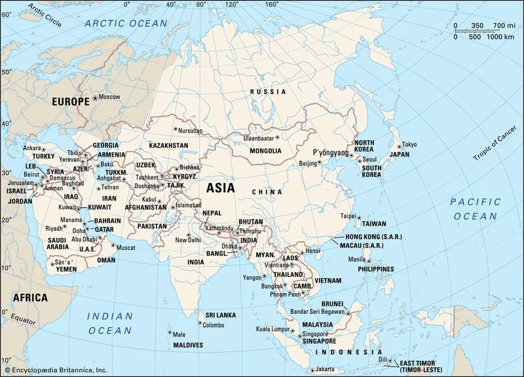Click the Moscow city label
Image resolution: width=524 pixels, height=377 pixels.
[x=109, y=97]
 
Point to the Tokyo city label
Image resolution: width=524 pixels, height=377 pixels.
[x=409, y=145]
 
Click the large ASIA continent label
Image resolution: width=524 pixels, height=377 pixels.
[x=221, y=188]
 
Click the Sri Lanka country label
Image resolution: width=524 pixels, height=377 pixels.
[x=220, y=315]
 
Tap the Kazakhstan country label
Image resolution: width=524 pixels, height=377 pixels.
[x=168, y=145]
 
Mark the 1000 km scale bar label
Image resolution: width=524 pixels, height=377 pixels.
[x=499, y=36]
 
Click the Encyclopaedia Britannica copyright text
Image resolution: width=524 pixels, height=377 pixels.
[x=58, y=370]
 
